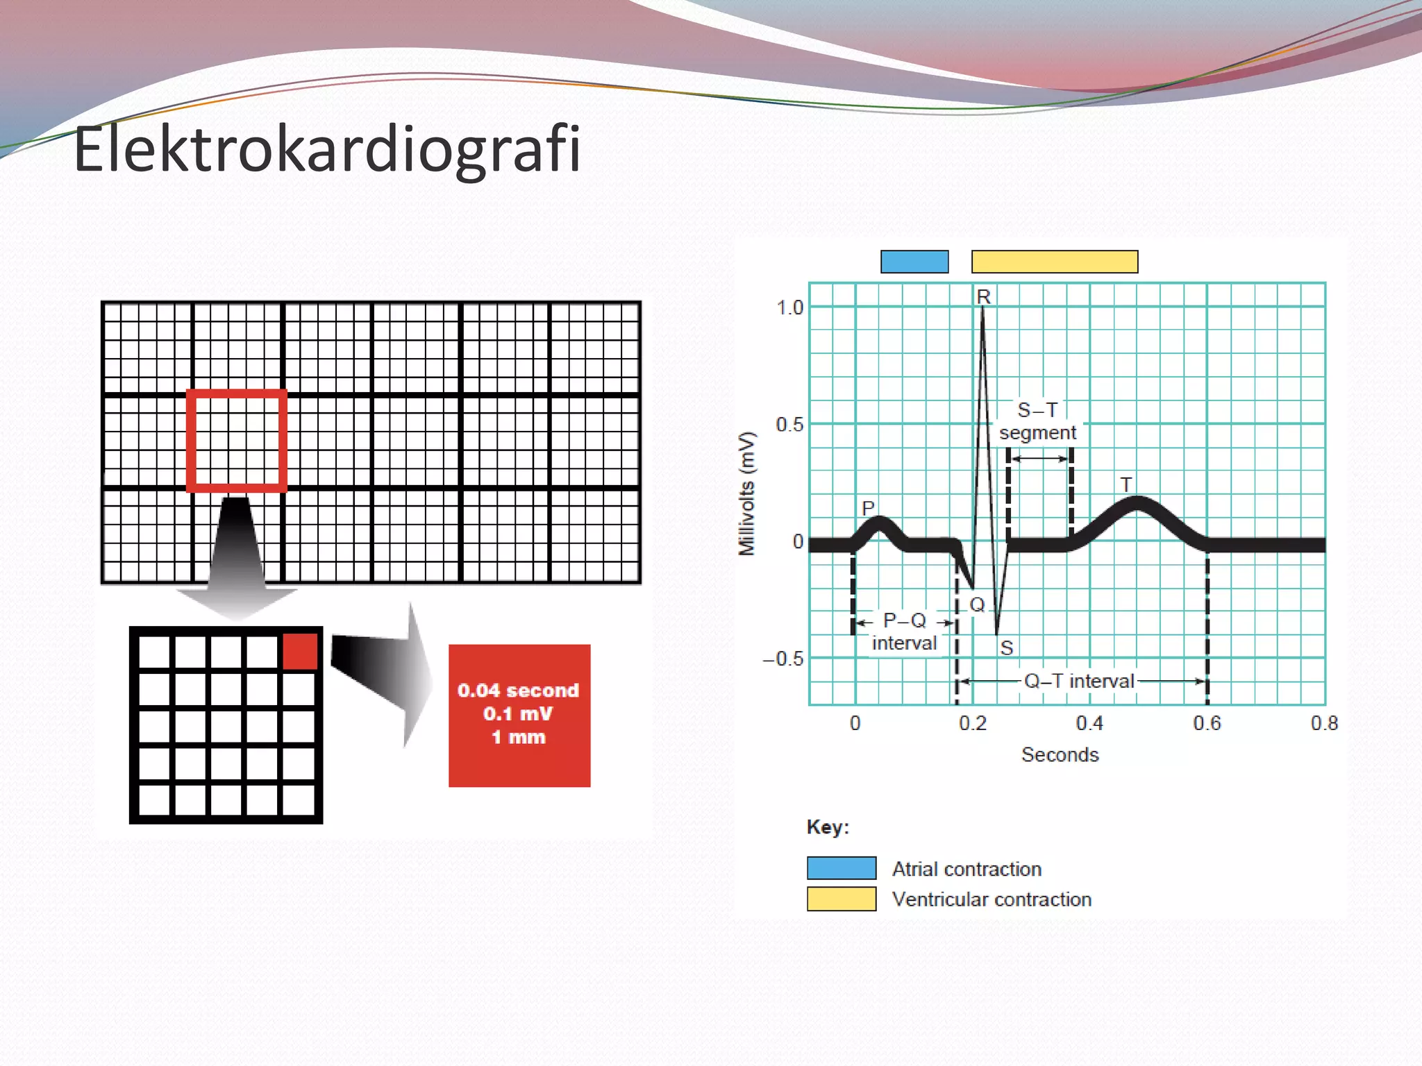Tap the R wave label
click(x=983, y=297)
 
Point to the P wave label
click(x=868, y=508)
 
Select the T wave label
click(x=1126, y=484)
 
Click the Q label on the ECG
click(x=977, y=604)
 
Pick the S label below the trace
click(x=1006, y=648)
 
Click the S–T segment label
click(x=1037, y=421)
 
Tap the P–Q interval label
click(x=904, y=632)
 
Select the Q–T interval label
click(x=1079, y=681)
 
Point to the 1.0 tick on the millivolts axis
click(x=789, y=307)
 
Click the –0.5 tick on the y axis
click(x=783, y=659)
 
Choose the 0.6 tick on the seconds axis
click(x=1207, y=724)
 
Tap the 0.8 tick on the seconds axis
click(x=1324, y=724)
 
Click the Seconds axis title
click(x=1060, y=755)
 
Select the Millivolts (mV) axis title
click(x=746, y=493)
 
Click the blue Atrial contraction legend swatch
click(x=842, y=868)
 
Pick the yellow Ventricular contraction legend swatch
click(x=842, y=899)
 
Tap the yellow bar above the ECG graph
click(x=1054, y=262)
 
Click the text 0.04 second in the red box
click(x=518, y=691)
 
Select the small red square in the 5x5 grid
click(x=300, y=651)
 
